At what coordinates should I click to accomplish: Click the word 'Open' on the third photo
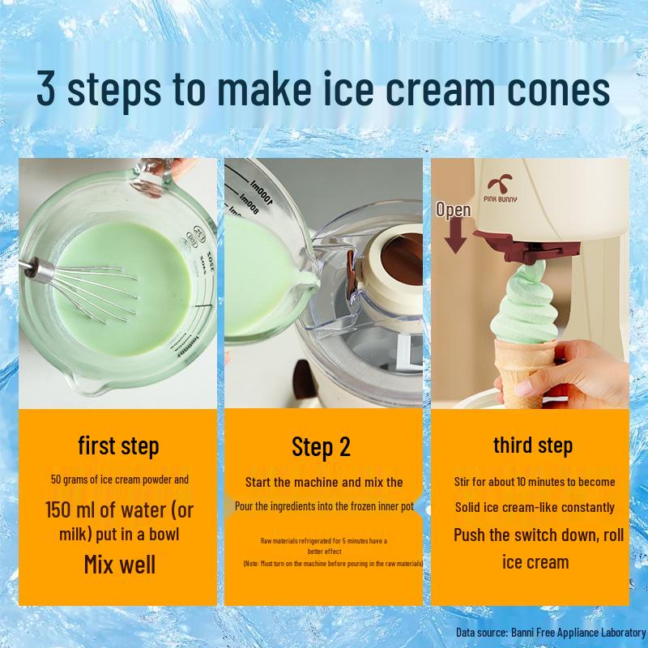[x=454, y=210]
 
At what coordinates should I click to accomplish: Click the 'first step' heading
[x=118, y=446]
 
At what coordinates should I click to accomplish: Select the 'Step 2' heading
[x=322, y=447]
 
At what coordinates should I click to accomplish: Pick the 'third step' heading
[x=533, y=445]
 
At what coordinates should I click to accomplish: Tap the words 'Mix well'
[x=119, y=564]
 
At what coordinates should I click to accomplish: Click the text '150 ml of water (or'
[x=119, y=510]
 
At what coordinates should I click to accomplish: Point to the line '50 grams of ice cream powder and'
[x=119, y=480]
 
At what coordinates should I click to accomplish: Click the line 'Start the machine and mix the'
[x=324, y=482]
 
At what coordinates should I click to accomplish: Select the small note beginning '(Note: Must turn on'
[x=333, y=563]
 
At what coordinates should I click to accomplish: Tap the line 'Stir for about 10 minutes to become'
[x=535, y=481]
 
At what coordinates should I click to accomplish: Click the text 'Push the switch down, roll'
[x=538, y=535]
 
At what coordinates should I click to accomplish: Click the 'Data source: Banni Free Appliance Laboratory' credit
[x=551, y=632]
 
